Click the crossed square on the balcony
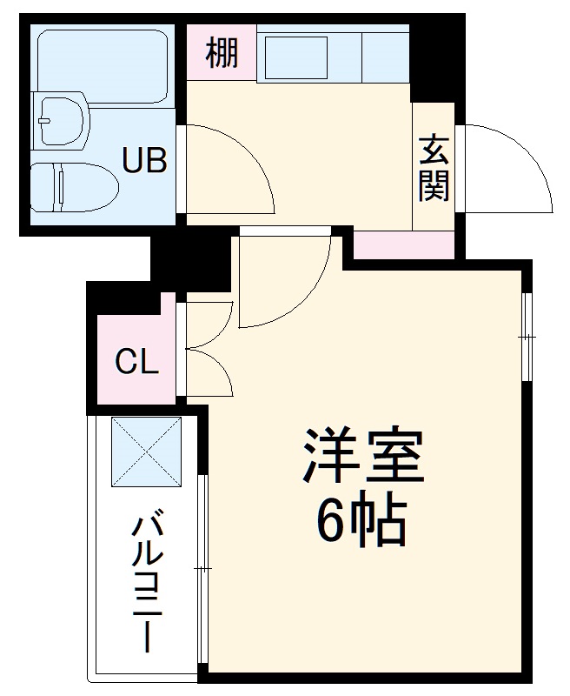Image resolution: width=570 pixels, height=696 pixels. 146,452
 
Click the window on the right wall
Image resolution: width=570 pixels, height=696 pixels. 527,336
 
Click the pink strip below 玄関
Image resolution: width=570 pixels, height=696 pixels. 403,245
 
